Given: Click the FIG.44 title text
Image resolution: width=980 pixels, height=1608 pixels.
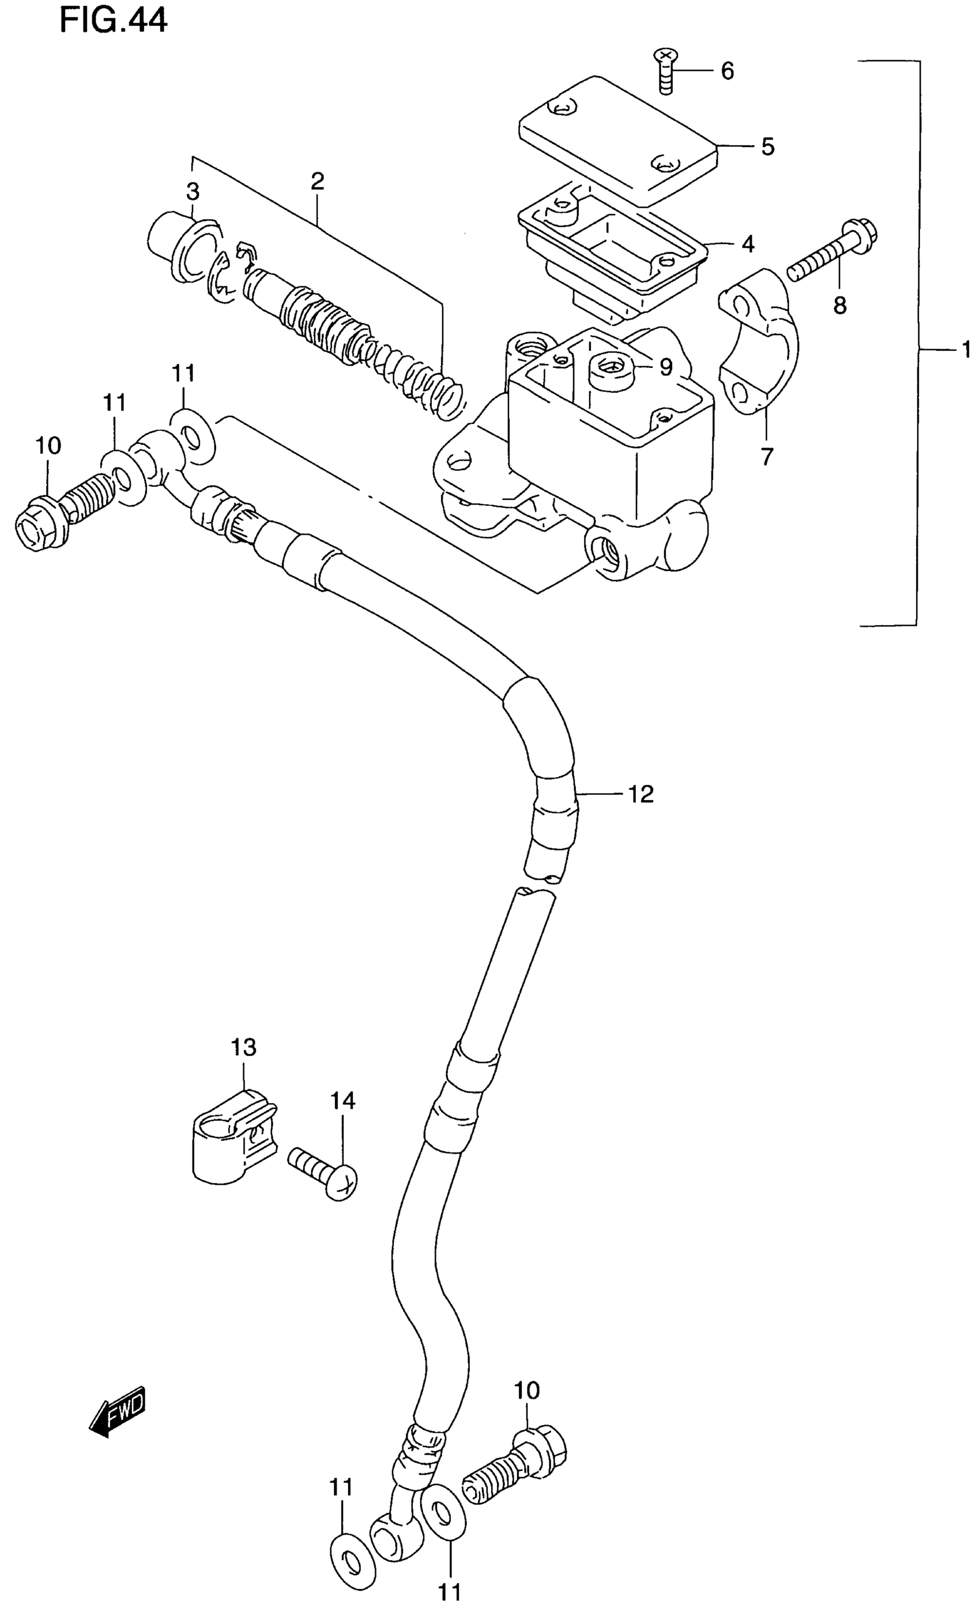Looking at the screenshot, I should click(x=114, y=20).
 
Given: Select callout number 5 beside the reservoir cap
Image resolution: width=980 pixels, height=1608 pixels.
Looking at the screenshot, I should click(x=768, y=147).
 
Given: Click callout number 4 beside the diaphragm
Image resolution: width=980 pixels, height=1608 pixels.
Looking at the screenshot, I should click(x=748, y=245).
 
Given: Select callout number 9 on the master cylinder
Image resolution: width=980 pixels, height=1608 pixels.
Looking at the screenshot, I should click(x=665, y=368).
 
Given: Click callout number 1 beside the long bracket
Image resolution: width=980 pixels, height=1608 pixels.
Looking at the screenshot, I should click(x=966, y=351).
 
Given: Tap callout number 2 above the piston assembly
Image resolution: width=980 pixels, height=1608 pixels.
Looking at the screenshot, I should click(x=317, y=182).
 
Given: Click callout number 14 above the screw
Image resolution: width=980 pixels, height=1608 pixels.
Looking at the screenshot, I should click(x=342, y=1101).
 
